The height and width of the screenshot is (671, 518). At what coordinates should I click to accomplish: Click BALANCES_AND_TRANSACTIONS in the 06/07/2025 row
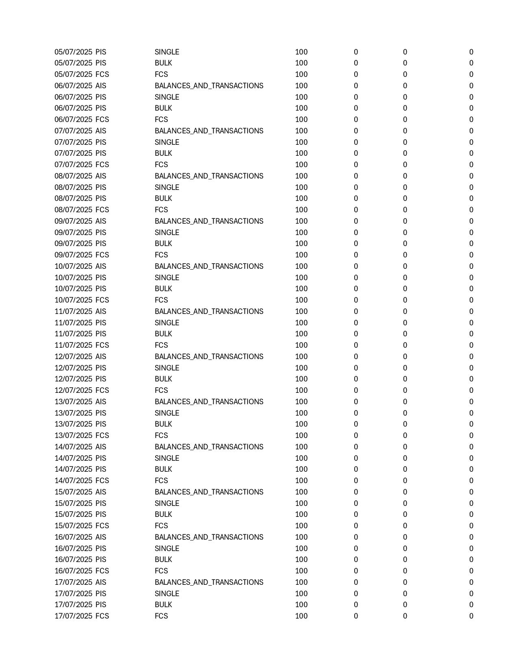click(209, 86)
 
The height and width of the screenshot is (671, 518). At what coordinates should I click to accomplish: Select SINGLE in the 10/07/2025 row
click(167, 278)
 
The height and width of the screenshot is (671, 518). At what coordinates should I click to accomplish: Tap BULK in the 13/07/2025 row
click(163, 424)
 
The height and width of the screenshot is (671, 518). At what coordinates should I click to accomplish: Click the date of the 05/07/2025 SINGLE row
click(74, 52)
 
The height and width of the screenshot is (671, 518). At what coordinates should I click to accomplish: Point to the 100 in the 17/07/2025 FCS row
click(301, 616)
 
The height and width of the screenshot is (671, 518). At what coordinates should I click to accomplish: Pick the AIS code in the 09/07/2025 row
click(101, 221)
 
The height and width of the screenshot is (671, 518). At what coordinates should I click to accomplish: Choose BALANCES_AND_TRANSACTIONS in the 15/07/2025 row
click(209, 492)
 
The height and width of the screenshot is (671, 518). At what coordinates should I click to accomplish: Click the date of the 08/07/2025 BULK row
click(74, 198)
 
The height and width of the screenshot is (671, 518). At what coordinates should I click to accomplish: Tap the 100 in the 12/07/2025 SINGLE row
click(301, 368)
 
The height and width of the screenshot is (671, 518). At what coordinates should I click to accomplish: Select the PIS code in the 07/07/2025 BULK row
click(101, 153)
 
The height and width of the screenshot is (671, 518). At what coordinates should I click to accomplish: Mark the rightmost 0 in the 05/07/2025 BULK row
click(471, 63)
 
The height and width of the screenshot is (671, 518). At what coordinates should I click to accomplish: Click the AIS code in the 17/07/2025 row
click(101, 582)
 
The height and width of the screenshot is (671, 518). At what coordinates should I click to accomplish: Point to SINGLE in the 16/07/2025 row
click(167, 549)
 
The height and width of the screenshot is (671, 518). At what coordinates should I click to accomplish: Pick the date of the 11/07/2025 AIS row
click(74, 312)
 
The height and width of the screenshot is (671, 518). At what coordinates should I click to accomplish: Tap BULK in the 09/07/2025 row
click(163, 244)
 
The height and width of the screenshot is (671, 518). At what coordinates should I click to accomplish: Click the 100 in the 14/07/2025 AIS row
click(301, 447)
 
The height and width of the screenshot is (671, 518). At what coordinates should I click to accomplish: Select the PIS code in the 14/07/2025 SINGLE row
click(101, 458)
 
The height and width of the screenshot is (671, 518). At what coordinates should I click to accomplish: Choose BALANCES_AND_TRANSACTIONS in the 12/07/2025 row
click(209, 357)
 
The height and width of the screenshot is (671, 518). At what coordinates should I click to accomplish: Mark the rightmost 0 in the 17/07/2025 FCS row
click(471, 616)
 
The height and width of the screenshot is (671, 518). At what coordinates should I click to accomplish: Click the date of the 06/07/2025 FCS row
click(74, 120)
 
